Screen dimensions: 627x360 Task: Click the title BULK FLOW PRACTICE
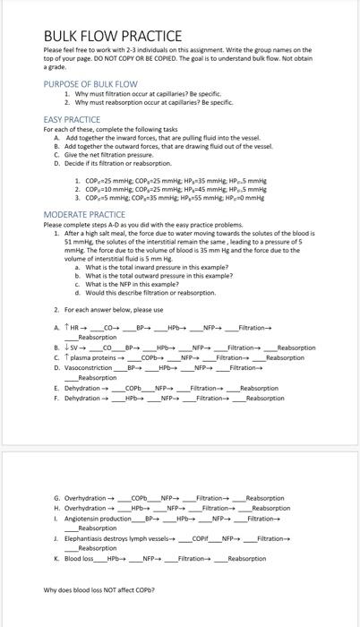(x=112, y=35)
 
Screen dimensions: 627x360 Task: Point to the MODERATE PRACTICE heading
(x=84, y=214)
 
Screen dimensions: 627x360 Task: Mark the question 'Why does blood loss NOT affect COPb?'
(x=97, y=590)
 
